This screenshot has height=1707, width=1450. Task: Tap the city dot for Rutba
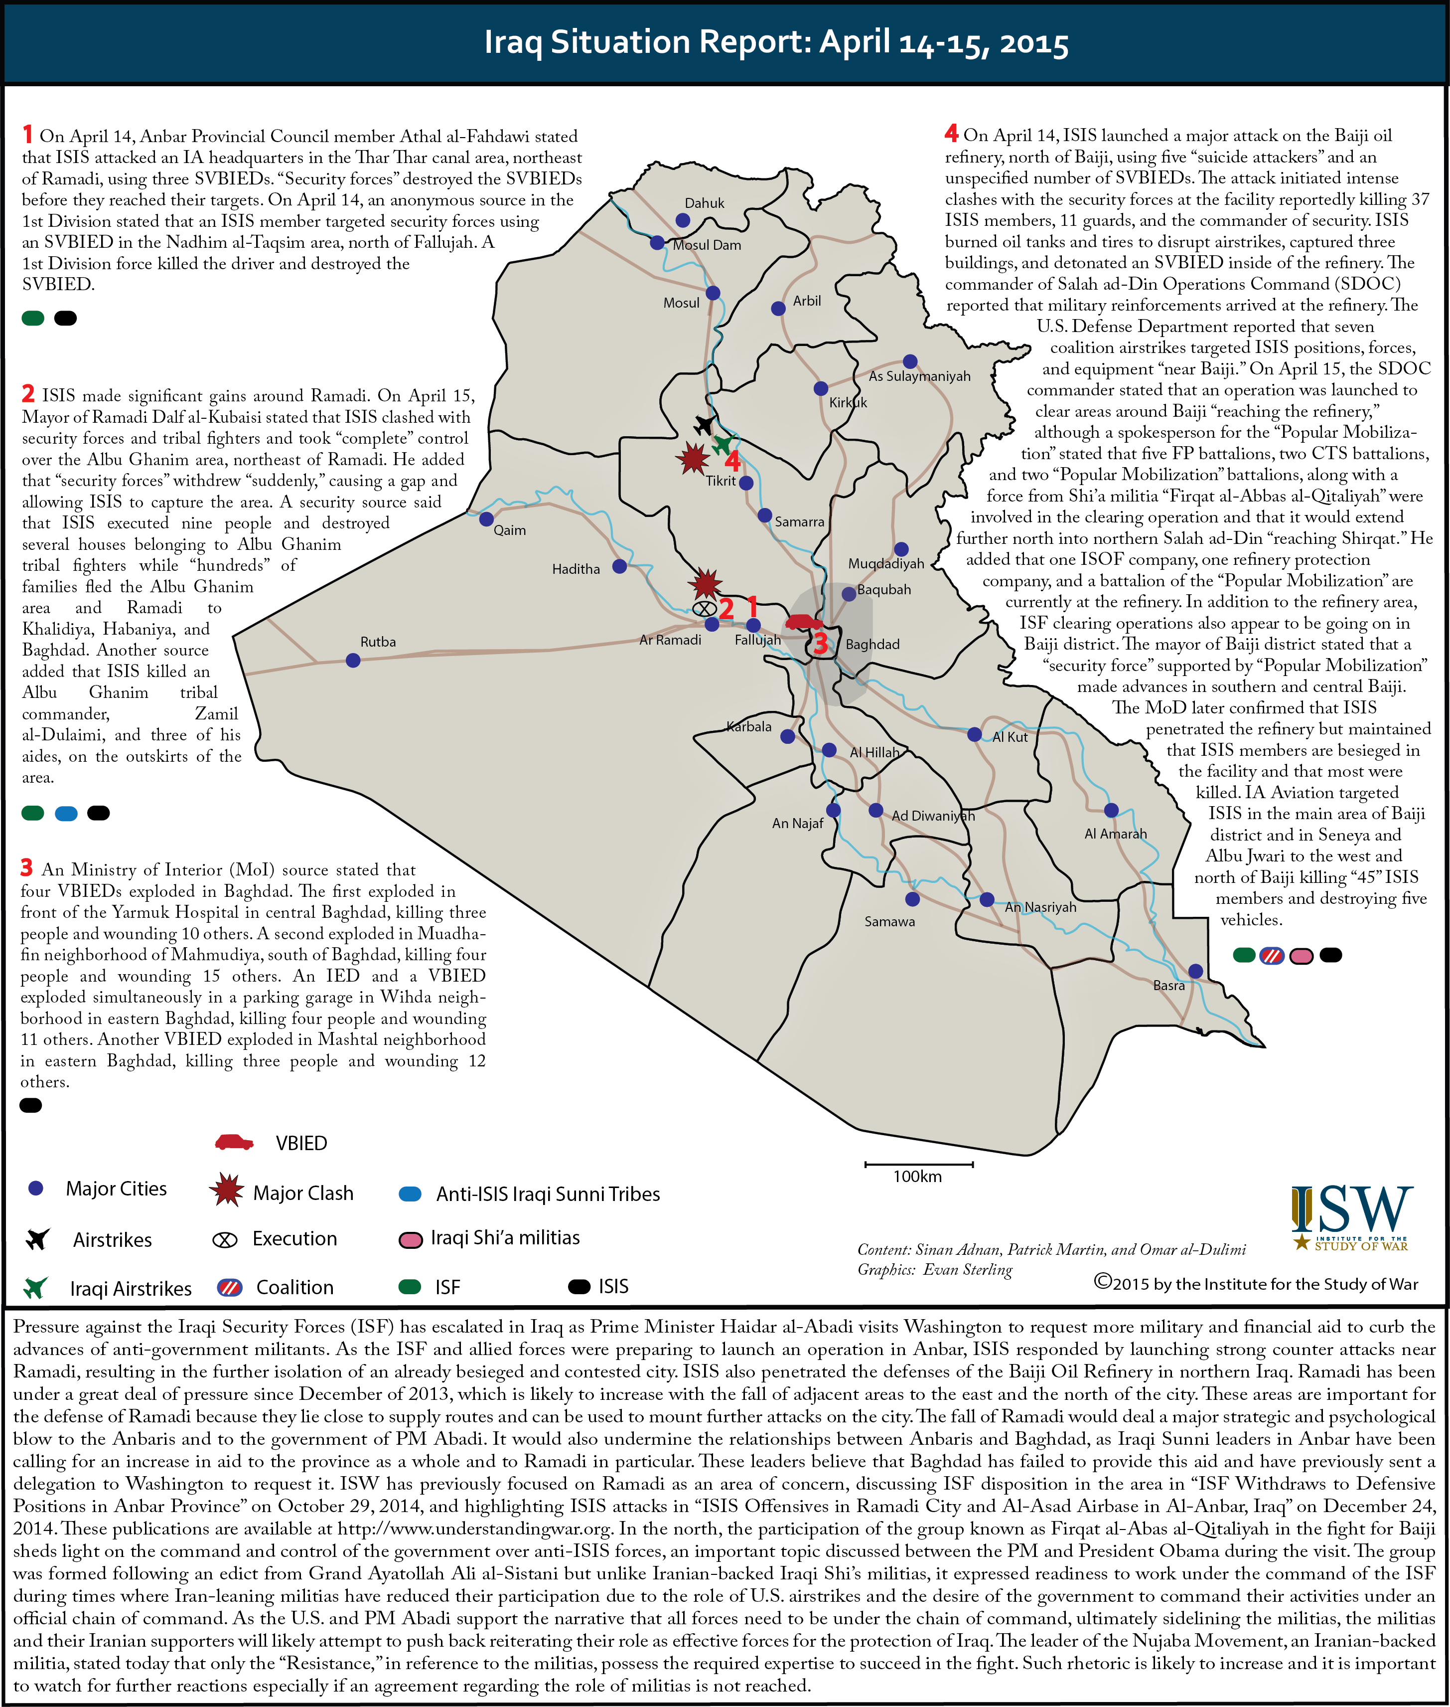pos(353,660)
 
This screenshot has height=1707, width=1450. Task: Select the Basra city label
pos(1168,985)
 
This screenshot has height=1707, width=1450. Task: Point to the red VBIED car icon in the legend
pos(234,1142)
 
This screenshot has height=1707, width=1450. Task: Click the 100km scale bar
pos(918,1164)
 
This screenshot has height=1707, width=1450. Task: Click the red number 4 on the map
pos(731,461)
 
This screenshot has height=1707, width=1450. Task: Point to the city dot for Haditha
pos(620,566)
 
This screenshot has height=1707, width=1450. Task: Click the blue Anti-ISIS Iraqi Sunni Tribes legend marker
pos(410,1194)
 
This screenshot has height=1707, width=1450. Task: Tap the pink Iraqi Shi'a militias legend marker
pos(410,1239)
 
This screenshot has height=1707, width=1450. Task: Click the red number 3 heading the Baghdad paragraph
pos(26,868)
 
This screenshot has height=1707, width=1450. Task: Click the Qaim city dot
pos(486,519)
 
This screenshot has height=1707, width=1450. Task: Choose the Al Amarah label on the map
pos(1115,834)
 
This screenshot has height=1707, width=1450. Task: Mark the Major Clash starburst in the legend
pos(226,1190)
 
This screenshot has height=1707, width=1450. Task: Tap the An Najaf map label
pos(797,823)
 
